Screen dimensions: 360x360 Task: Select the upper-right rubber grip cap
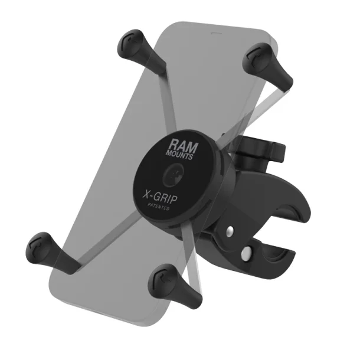pos(258,59)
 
